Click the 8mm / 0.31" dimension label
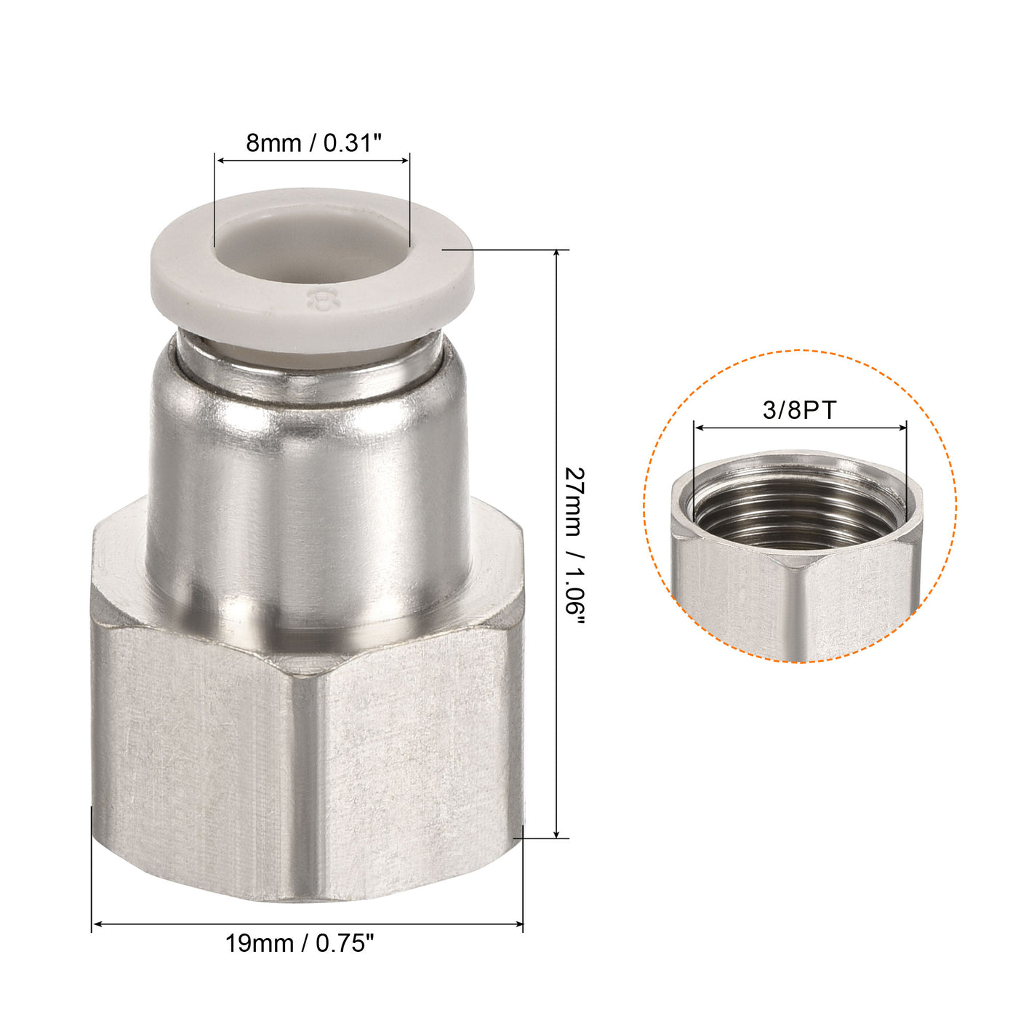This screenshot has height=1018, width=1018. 313,143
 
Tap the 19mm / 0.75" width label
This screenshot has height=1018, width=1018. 299,944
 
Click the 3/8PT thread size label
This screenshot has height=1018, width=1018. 799,410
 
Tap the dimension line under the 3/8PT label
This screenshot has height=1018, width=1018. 800,428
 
